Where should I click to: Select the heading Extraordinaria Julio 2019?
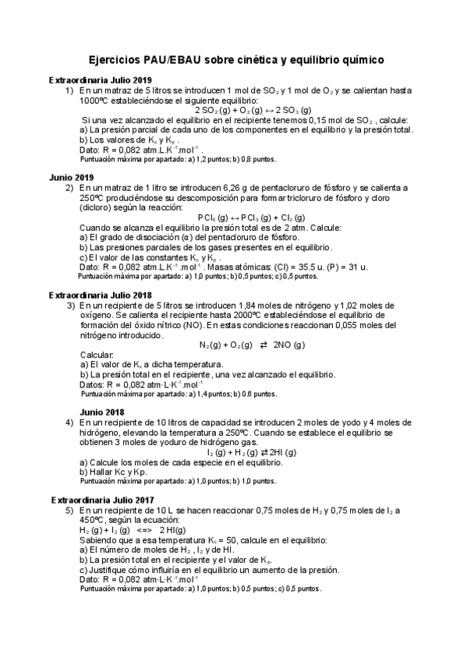tap(100, 80)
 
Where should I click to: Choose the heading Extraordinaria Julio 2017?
tap(102, 500)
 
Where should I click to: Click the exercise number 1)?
tap(69, 90)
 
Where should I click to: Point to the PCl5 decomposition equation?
tap(251, 217)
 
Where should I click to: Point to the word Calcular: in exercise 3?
tap(97, 355)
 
